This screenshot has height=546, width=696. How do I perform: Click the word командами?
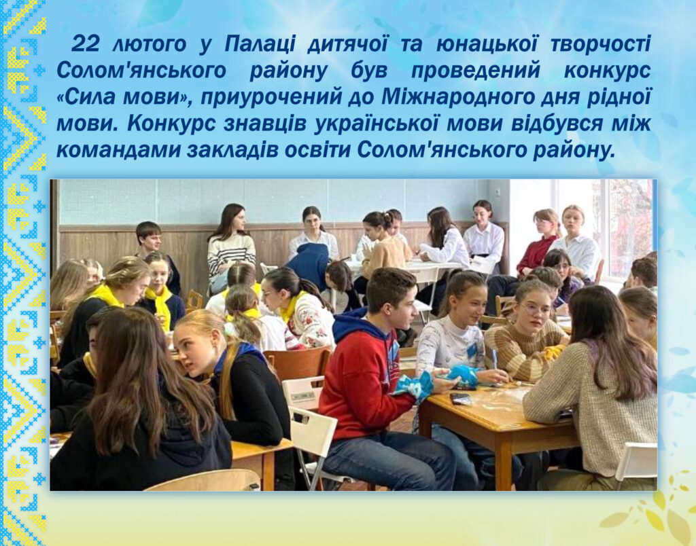pyautogui.click(x=118, y=151)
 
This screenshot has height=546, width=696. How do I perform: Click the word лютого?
pyautogui.click(x=149, y=44)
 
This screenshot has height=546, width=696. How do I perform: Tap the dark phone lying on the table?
pyautogui.click(x=461, y=399)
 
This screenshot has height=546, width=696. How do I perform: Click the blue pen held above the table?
pyautogui.click(x=495, y=361)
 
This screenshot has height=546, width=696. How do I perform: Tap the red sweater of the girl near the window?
pyautogui.click(x=536, y=255)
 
